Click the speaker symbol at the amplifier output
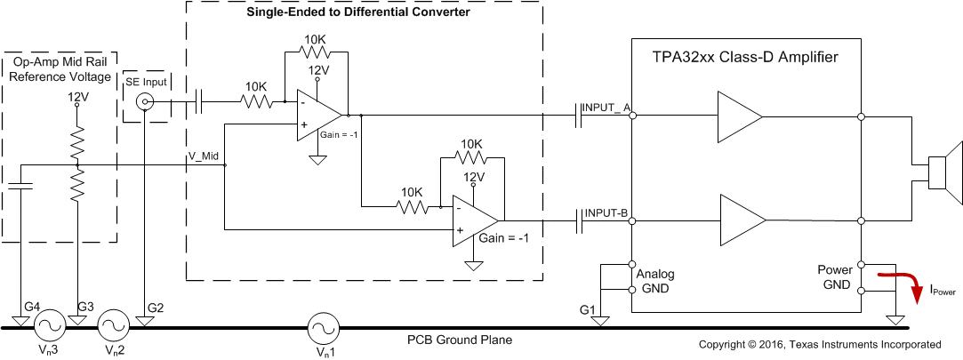tap(943, 166)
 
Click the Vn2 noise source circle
tap(114, 327)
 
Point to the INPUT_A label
tap(606, 108)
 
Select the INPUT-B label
tap(606, 213)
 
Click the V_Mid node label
tap(204, 156)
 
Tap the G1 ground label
tap(587, 308)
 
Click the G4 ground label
tap(31, 308)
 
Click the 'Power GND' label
tap(835, 276)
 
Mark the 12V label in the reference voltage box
tap(79, 95)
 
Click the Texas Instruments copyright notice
tap(819, 344)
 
